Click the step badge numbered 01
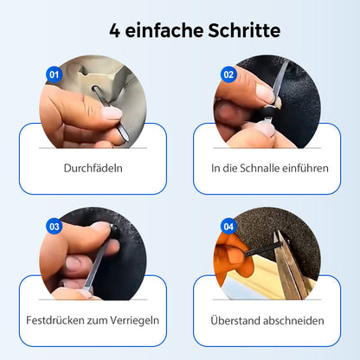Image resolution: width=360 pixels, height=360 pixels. (53, 74)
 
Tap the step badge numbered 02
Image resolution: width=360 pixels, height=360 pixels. (228, 74)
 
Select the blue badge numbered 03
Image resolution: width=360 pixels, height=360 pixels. (54, 227)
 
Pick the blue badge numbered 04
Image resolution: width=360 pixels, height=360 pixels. (228, 227)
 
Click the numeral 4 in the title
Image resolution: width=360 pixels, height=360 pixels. (114, 30)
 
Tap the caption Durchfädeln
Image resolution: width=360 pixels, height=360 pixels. (93, 168)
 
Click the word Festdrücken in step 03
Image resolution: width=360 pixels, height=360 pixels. (57, 320)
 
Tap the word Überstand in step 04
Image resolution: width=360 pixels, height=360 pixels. (237, 320)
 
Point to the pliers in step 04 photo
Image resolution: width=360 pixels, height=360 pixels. (286, 264)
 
